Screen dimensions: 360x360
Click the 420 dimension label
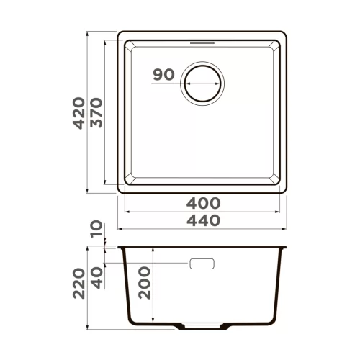coord(78,113)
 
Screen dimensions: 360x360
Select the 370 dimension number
coord(96,112)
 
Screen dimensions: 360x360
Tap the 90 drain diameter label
coord(163,74)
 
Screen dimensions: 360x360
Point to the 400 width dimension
coord(203,203)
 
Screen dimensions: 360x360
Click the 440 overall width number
coord(203,220)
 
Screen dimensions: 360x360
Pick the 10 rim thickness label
coord(96,228)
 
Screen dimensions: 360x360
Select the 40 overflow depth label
coord(96,278)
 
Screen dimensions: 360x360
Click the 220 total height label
coord(78,284)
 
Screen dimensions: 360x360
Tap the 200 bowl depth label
coord(144,283)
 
